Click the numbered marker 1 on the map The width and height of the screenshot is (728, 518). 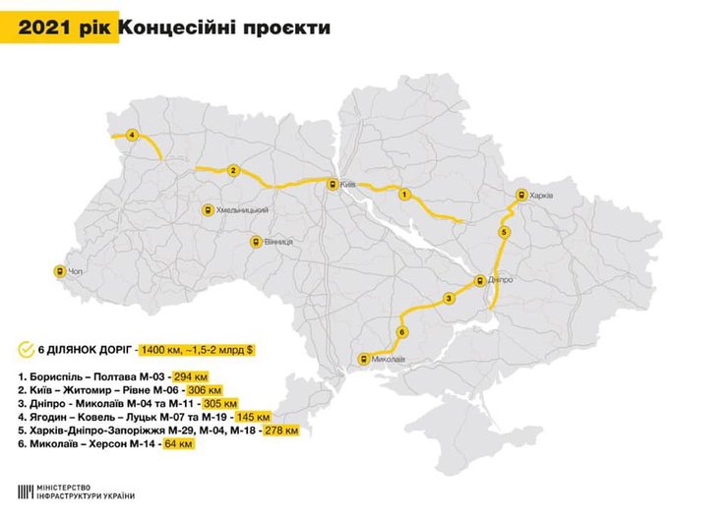pyautogui.click(x=402, y=195)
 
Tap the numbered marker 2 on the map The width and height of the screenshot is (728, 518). pyautogui.click(x=232, y=170)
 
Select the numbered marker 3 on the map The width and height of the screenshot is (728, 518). pyautogui.click(x=448, y=298)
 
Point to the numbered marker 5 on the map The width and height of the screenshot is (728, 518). pyautogui.click(x=503, y=232)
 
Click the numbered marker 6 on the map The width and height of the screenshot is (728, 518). pyautogui.click(x=401, y=332)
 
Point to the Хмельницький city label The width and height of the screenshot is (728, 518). pyautogui.click(x=241, y=210)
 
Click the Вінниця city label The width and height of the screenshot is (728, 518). pyautogui.click(x=277, y=242)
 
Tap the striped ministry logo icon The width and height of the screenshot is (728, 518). pyautogui.click(x=24, y=489)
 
